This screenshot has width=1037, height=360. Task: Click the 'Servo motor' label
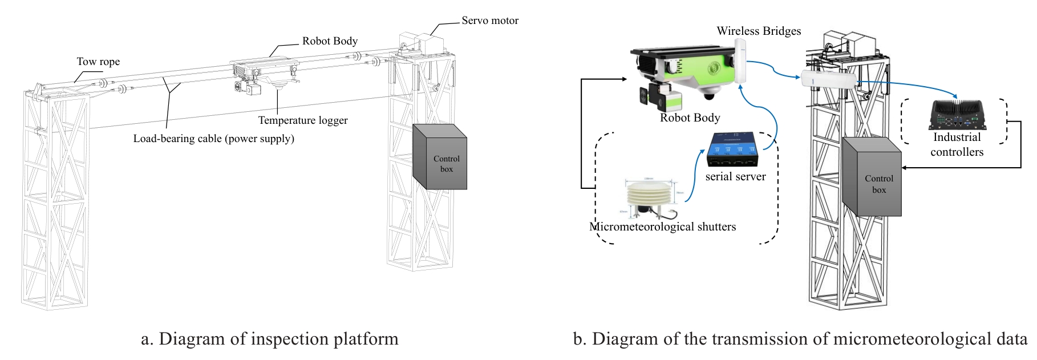[490, 21]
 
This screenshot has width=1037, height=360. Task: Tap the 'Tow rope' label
[98, 62]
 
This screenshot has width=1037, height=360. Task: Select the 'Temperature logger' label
[302, 120]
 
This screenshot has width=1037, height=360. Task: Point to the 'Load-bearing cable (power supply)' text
[213, 139]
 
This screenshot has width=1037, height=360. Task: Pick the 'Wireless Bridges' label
[759, 31]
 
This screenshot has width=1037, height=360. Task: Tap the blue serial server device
[734, 150]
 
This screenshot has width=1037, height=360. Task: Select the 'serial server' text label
[735, 177]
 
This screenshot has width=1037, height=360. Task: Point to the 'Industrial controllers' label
[957, 144]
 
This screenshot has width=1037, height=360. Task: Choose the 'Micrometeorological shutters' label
[662, 227]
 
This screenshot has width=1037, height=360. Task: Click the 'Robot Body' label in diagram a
[330, 41]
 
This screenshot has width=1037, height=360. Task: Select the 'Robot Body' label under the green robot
[690, 118]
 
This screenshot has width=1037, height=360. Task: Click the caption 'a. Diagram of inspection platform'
[269, 339]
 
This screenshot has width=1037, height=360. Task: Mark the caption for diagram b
[800, 339]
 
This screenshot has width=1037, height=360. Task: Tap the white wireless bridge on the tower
[829, 79]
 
